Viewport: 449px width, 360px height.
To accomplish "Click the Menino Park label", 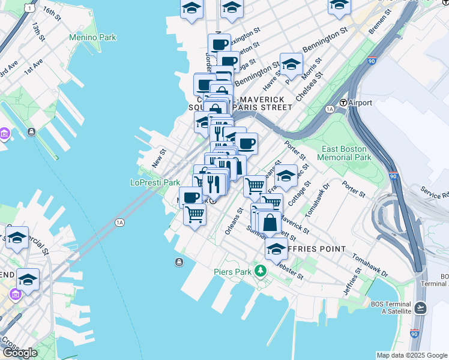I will (92, 37).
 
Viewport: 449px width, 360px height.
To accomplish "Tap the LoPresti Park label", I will (155, 182).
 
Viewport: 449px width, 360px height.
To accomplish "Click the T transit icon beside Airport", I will (344, 103).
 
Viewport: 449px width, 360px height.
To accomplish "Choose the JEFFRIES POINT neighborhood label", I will (316, 249).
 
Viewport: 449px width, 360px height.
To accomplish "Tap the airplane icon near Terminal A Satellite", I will (420, 308).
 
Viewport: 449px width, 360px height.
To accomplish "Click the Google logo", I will (20, 353).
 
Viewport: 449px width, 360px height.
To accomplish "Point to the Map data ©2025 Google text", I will (411, 355).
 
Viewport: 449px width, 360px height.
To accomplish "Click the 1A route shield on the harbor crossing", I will (119, 223).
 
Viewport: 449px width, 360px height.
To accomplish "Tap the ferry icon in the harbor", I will (179, 262).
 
